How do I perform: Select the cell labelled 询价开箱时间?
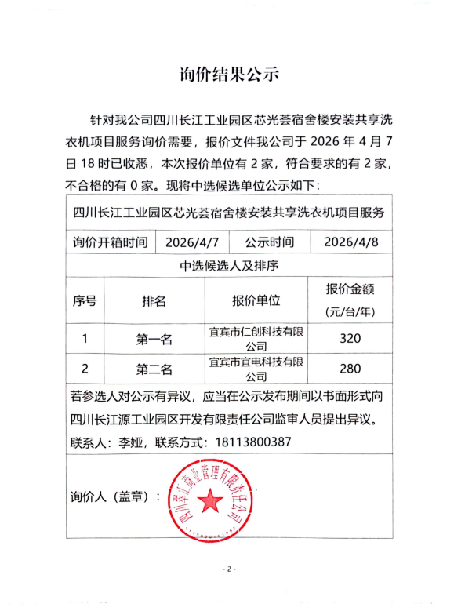click(110, 242)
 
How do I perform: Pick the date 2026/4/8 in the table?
click(350, 242)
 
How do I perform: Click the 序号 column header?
click(85, 300)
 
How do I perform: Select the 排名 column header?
click(154, 300)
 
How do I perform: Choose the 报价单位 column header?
click(256, 300)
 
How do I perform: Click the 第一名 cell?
click(154, 340)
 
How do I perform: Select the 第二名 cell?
click(154, 369)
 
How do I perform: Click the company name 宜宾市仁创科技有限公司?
click(256, 339)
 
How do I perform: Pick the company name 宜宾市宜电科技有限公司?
click(256, 369)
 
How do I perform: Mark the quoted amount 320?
click(350, 340)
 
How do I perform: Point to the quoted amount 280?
click(350, 369)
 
